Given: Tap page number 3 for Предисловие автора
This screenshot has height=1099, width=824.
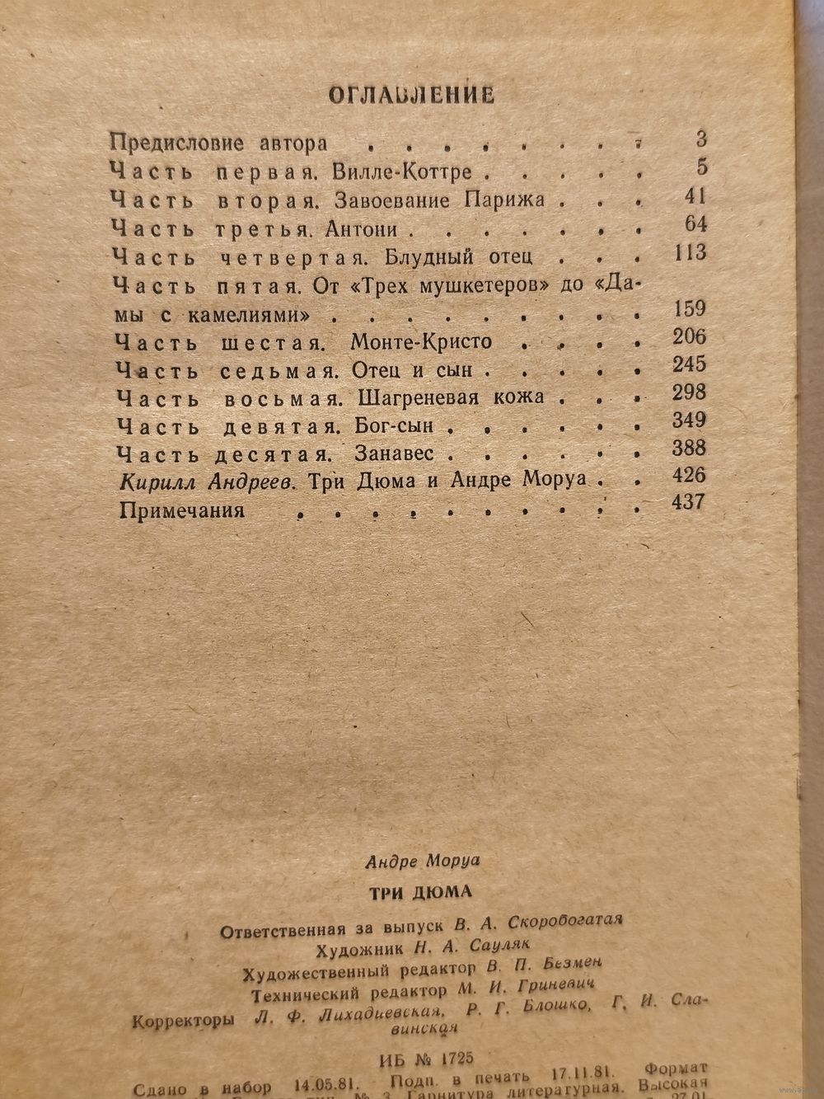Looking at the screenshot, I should (x=700, y=139).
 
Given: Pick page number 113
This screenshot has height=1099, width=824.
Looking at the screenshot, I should (x=689, y=252).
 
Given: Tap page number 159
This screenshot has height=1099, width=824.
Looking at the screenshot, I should (x=689, y=309).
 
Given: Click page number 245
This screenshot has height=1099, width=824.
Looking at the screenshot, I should (x=689, y=364).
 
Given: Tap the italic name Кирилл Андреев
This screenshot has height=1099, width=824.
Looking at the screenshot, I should (x=207, y=481).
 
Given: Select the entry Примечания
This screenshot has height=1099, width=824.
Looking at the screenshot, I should (x=182, y=510).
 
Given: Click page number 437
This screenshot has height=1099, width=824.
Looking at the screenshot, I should (x=688, y=502).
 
